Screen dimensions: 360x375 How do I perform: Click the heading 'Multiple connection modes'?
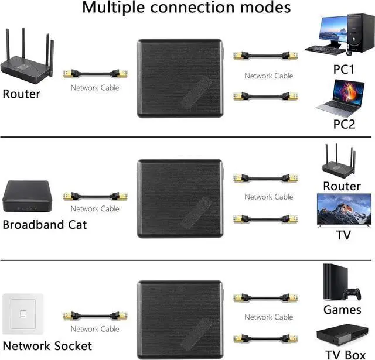[x=186, y=8]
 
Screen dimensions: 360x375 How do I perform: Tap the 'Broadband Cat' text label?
[x=45, y=224]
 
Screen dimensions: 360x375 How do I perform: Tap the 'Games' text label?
[x=342, y=310]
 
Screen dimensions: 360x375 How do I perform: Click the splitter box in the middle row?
[x=181, y=198]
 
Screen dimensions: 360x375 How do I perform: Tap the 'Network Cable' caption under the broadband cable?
[x=95, y=208]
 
